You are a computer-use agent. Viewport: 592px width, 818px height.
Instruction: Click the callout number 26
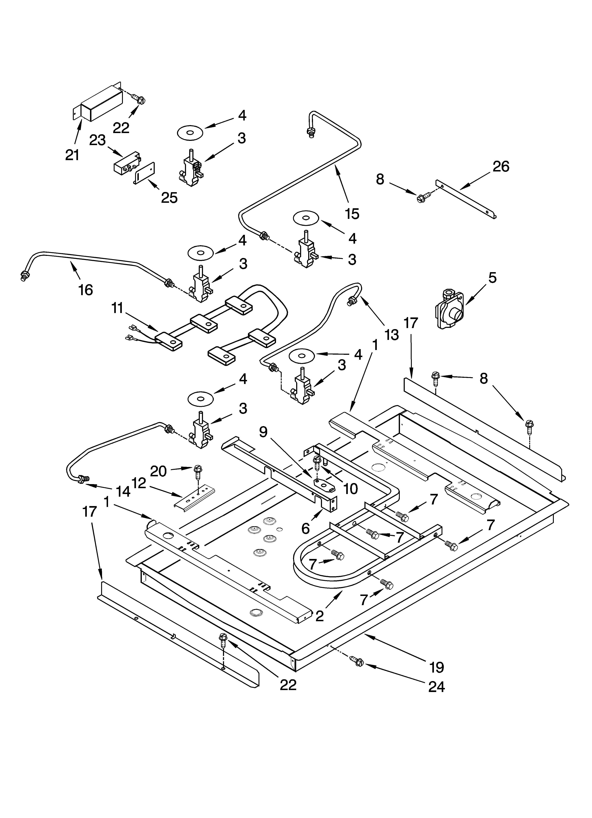pyautogui.click(x=501, y=167)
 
